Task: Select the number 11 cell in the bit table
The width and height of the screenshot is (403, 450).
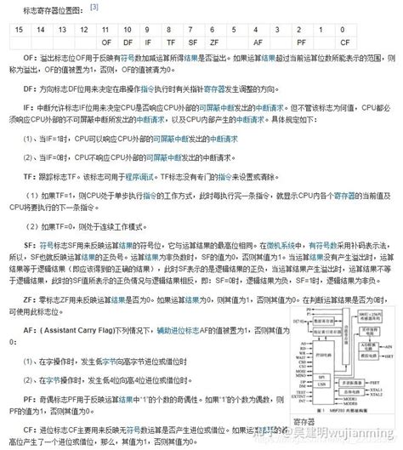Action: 104,28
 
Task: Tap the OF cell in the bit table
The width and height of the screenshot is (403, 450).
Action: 104,41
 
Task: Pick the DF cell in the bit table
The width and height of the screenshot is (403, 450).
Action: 126,41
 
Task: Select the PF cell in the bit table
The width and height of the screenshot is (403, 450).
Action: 302,41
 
